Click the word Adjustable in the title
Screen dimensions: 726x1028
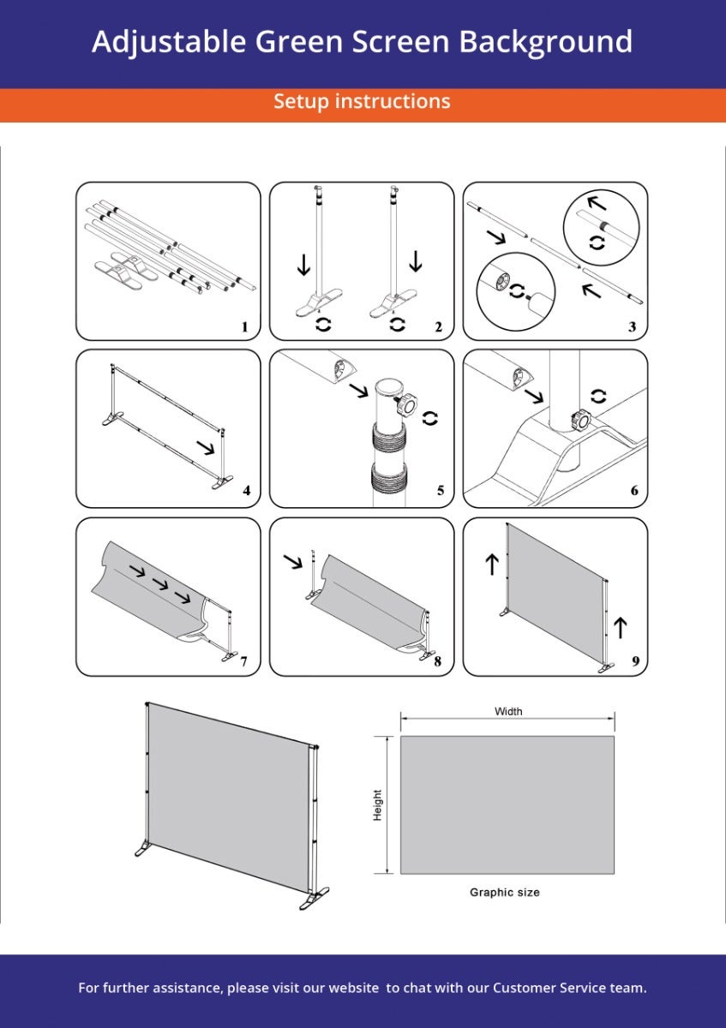169,43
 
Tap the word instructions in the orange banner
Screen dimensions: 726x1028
393,101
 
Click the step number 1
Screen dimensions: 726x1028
245,326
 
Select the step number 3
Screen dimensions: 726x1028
633,326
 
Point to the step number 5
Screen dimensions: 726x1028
441,491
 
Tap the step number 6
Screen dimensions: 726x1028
634,491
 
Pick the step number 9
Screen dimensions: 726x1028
635,660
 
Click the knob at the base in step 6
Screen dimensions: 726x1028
580,420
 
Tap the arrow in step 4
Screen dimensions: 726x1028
206,447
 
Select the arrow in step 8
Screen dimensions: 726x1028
293,561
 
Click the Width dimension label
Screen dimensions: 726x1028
508,711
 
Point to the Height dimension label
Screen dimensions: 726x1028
377,805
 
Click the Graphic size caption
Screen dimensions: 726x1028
504,892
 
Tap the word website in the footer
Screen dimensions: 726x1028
354,988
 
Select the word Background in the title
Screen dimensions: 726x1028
545,43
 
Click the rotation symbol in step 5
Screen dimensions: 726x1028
429,418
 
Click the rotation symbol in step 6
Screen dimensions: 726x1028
598,396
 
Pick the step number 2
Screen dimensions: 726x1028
439,326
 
